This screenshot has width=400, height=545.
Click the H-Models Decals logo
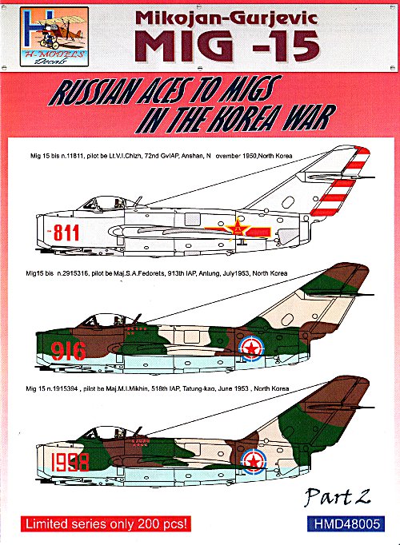tap(54, 37)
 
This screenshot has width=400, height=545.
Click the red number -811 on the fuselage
tap(63, 233)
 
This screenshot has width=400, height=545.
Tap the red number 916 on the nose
tap(68, 351)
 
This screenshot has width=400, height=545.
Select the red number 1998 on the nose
tap(70, 462)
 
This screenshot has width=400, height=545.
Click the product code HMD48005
tap(346, 524)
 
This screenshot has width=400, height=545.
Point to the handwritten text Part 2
tap(337, 497)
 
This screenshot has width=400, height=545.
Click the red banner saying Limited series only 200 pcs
tap(106, 523)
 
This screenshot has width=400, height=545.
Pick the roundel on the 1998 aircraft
tap(254, 461)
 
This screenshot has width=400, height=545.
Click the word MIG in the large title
tap(188, 46)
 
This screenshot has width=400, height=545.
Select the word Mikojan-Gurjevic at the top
tap(226, 18)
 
